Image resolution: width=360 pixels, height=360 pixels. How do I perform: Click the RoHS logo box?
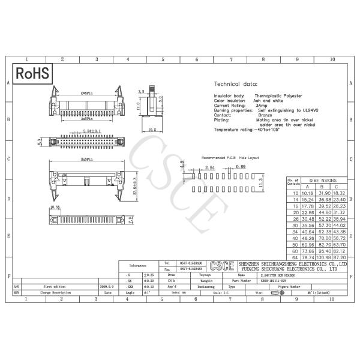(32, 74)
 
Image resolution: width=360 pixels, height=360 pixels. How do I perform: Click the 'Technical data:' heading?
(236, 85)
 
